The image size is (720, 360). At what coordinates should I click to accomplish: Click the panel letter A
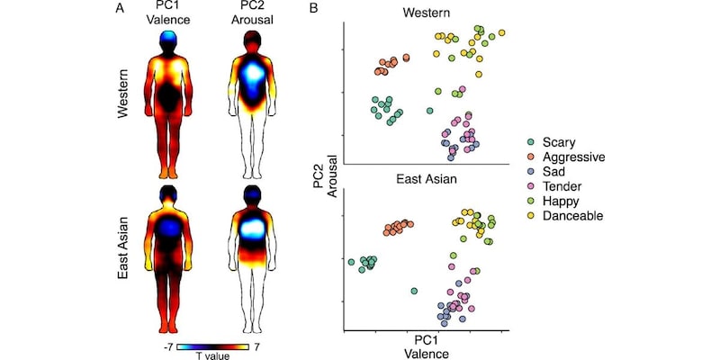(119, 8)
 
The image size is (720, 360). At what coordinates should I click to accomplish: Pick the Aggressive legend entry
(576, 157)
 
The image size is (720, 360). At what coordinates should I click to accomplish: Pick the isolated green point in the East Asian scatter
(414, 291)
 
